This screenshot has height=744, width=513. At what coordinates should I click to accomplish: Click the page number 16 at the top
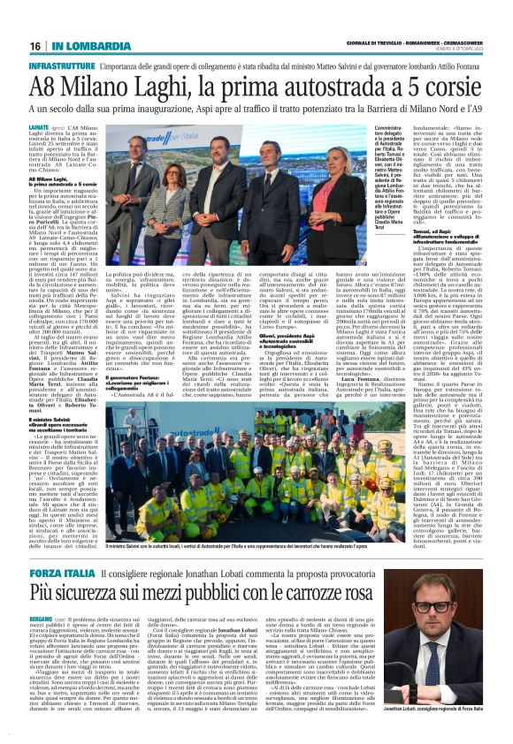[x=34, y=45]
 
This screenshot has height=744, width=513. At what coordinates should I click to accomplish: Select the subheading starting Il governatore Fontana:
[x=133, y=353]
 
